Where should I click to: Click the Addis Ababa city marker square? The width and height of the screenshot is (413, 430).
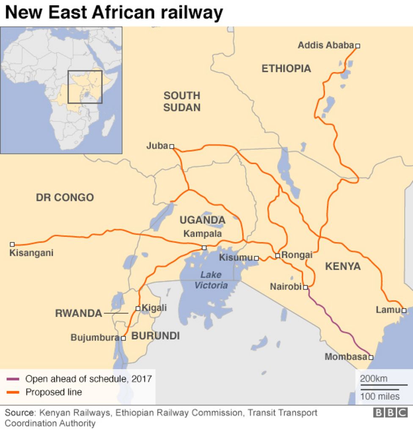point(358,46)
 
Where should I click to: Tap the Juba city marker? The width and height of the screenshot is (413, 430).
point(172,146)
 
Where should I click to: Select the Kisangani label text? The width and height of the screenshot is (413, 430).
point(31,253)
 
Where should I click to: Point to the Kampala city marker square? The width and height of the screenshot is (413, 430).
point(204,248)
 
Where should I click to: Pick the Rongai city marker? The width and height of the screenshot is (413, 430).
point(278,256)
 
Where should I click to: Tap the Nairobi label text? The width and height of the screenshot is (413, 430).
point(286,287)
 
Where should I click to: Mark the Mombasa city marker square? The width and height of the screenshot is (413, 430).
point(371,358)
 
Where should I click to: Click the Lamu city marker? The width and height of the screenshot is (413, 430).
point(404,311)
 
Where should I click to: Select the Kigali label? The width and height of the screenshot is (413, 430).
point(154,308)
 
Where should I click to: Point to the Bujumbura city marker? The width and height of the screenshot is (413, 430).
point(124,338)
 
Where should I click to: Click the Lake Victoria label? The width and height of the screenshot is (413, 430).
point(211,280)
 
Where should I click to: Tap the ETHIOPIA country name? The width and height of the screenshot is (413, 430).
point(286,69)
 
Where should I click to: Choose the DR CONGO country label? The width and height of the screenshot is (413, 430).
point(65,197)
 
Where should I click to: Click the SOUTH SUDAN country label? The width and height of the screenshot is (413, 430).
point(182,102)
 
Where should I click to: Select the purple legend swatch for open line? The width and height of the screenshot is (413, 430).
point(13,379)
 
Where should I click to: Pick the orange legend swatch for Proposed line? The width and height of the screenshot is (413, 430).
point(13,392)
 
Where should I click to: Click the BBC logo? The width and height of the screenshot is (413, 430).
point(390,413)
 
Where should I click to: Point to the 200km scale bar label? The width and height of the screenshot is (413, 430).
point(374,379)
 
